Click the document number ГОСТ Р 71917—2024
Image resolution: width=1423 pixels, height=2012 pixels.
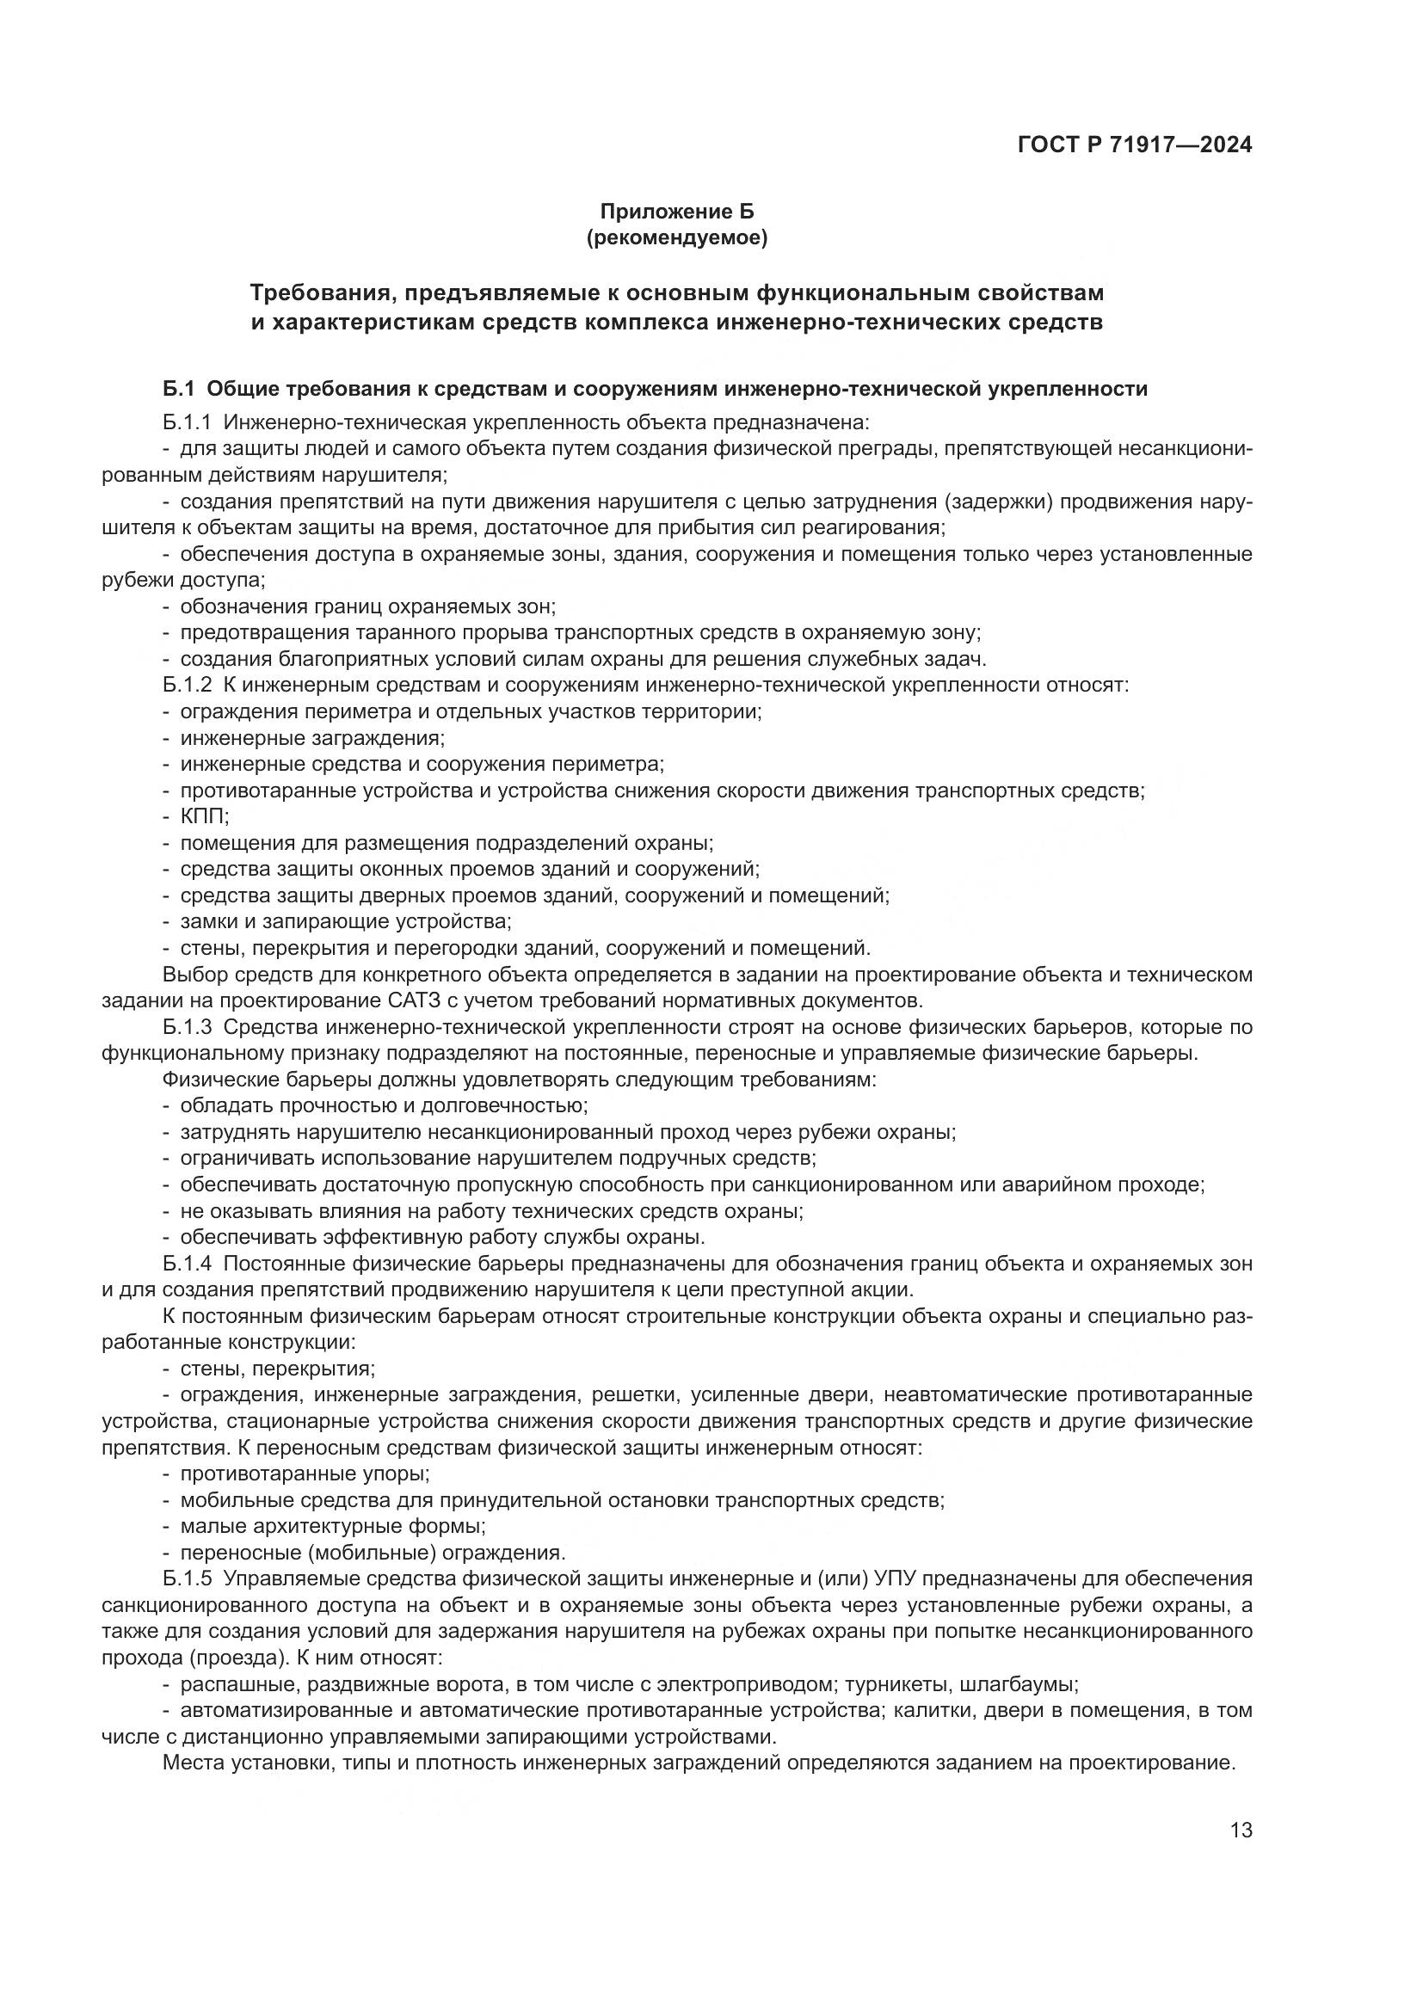tap(1135, 145)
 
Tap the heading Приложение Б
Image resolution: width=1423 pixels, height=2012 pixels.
tap(676, 212)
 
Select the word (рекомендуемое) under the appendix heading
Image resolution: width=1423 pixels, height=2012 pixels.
tap(676, 237)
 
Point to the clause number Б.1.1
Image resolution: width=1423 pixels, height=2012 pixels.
tap(187, 423)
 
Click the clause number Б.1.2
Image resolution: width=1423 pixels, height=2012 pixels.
tap(187, 686)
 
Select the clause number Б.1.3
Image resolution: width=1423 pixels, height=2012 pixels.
tap(187, 1027)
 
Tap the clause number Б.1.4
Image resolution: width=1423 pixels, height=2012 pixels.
tap(187, 1264)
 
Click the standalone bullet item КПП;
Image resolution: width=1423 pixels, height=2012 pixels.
tap(204, 816)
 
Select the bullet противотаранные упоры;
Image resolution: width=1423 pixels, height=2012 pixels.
tap(305, 1474)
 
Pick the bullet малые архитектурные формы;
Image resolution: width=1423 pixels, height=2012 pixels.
tap(333, 1527)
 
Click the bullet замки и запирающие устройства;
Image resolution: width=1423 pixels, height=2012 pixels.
tap(345, 922)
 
